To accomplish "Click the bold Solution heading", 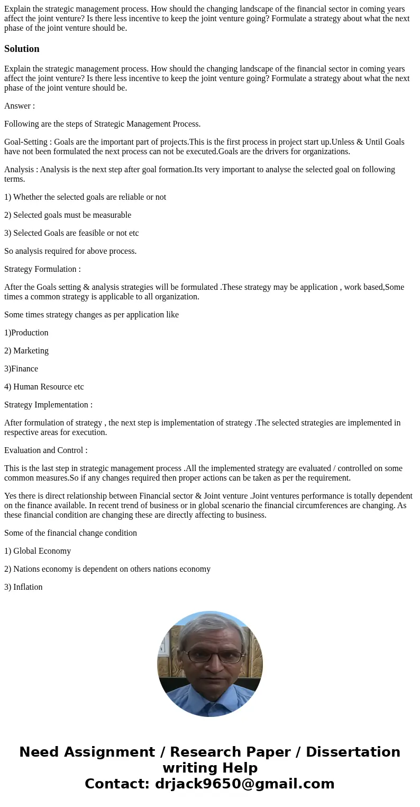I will tap(22, 49).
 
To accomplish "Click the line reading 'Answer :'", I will tap(20, 105).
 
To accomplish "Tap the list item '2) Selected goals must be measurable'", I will tap(68, 215).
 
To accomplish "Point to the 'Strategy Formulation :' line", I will tap(42, 269).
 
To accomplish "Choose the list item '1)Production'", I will tap(26, 333).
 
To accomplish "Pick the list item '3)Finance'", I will tap(21, 369).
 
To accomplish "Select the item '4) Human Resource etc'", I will tap(44, 387).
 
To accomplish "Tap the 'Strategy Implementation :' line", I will tap(48, 405).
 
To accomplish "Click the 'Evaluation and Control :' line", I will tap(46, 450).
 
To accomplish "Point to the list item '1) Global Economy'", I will tap(38, 551).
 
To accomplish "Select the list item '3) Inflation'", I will tap(23, 587).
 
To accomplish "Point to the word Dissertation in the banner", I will tap(353, 752).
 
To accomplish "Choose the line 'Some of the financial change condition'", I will tap(70, 533).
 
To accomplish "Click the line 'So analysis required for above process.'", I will tap(70, 251).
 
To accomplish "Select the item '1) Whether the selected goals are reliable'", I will tap(85, 197).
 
